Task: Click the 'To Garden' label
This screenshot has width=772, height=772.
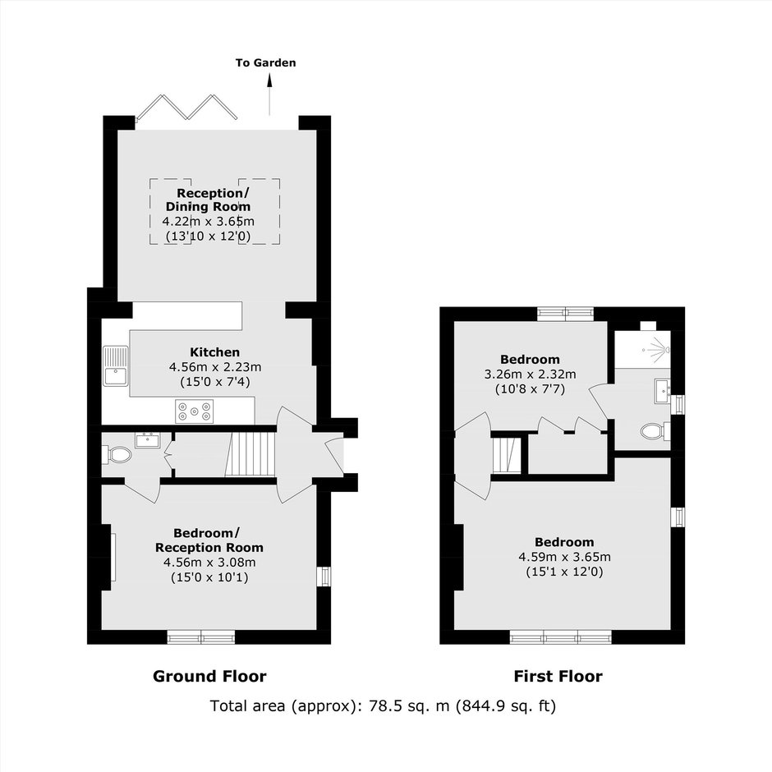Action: tap(265, 62)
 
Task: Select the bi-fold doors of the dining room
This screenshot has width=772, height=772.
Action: tap(186, 107)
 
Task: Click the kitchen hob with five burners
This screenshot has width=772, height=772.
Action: tap(195, 411)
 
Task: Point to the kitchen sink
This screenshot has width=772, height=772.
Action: tap(115, 365)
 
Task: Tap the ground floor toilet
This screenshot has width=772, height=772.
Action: tap(117, 454)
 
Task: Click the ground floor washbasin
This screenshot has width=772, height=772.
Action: tap(148, 439)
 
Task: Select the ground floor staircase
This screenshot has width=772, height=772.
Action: tap(250, 454)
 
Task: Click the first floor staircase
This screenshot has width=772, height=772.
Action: tap(506, 454)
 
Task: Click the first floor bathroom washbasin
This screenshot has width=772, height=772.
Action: tap(662, 392)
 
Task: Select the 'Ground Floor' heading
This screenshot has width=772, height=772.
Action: tap(209, 676)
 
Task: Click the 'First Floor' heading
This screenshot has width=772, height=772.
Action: tap(558, 676)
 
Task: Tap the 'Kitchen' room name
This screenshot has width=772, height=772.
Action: tap(214, 352)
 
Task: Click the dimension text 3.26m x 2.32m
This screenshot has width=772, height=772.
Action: tap(530, 375)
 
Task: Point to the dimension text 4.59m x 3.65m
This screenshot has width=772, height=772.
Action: tap(564, 557)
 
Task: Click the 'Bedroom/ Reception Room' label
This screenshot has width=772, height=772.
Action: tap(209, 540)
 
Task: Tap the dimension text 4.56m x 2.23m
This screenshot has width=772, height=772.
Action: tap(215, 367)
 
